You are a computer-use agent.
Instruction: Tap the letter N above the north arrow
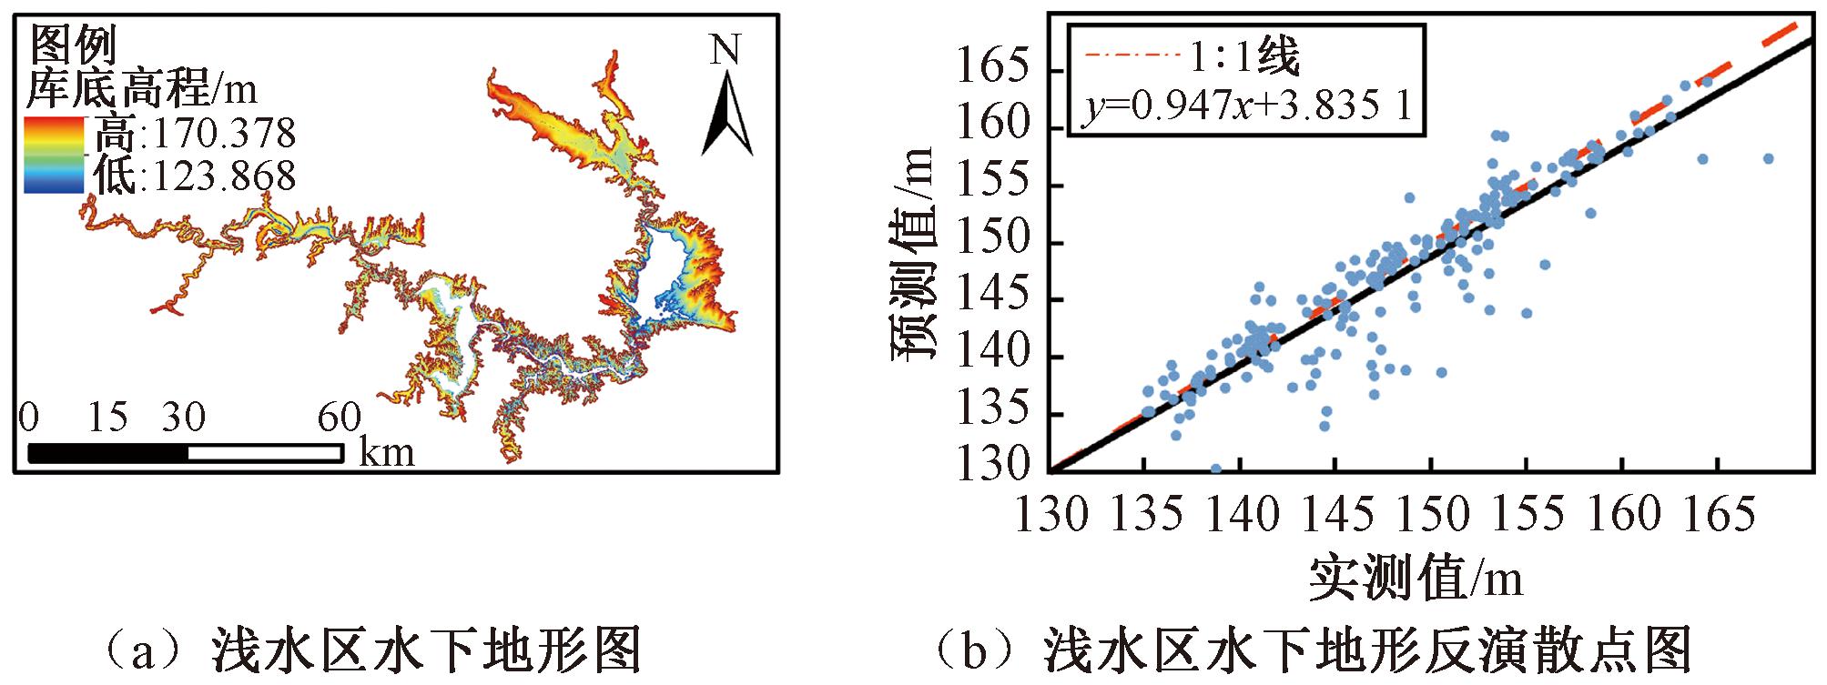click(726, 50)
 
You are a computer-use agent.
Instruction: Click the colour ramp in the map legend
click(54, 155)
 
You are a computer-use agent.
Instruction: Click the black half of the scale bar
click(108, 453)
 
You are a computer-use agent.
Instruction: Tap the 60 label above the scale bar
click(339, 418)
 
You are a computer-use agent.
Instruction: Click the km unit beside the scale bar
click(387, 452)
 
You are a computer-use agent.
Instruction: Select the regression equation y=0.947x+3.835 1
click(1247, 107)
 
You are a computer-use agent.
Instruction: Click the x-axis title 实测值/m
click(1416, 578)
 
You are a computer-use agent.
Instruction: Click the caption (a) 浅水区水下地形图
click(373, 652)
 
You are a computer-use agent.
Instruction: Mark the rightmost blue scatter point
click(1768, 158)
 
